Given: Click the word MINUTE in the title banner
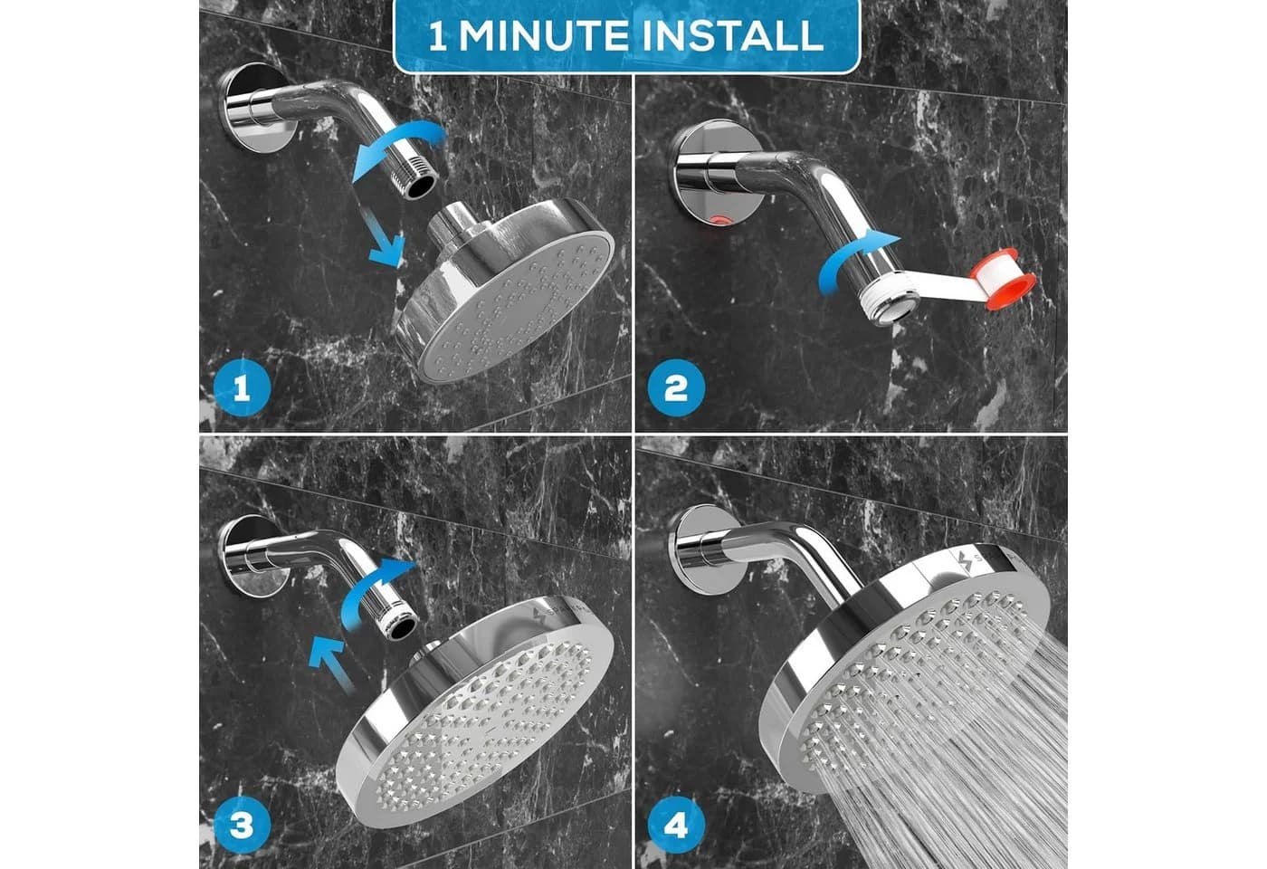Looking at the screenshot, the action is point(544,35).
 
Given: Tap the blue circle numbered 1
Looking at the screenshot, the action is point(243,388).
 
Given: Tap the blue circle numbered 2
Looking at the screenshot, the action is point(676,388).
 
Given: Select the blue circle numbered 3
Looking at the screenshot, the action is point(243,825).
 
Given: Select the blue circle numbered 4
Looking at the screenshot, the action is point(676,825).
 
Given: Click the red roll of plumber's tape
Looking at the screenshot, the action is point(1003,280).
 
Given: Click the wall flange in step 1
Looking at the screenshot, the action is point(249,108).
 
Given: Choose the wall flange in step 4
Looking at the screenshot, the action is point(700,549).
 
